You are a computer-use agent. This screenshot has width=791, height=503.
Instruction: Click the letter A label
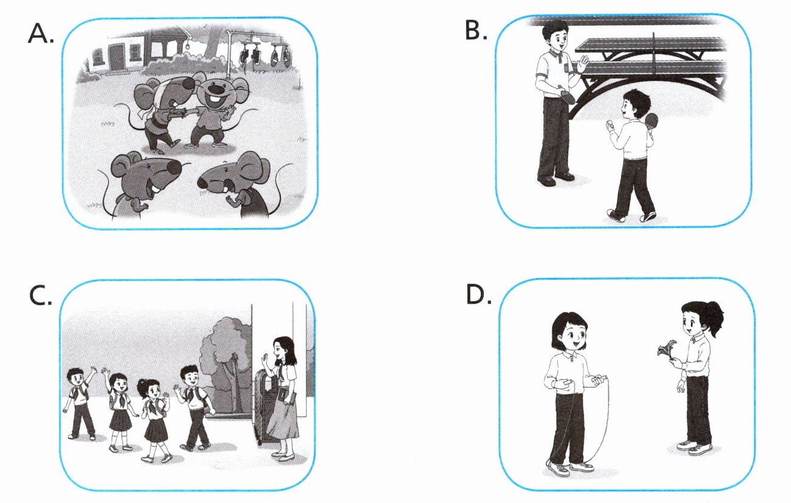click(x=41, y=34)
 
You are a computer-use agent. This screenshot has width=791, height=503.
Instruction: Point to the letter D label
click(x=478, y=294)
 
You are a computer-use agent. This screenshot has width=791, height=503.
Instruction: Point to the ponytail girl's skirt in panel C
click(x=156, y=430)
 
